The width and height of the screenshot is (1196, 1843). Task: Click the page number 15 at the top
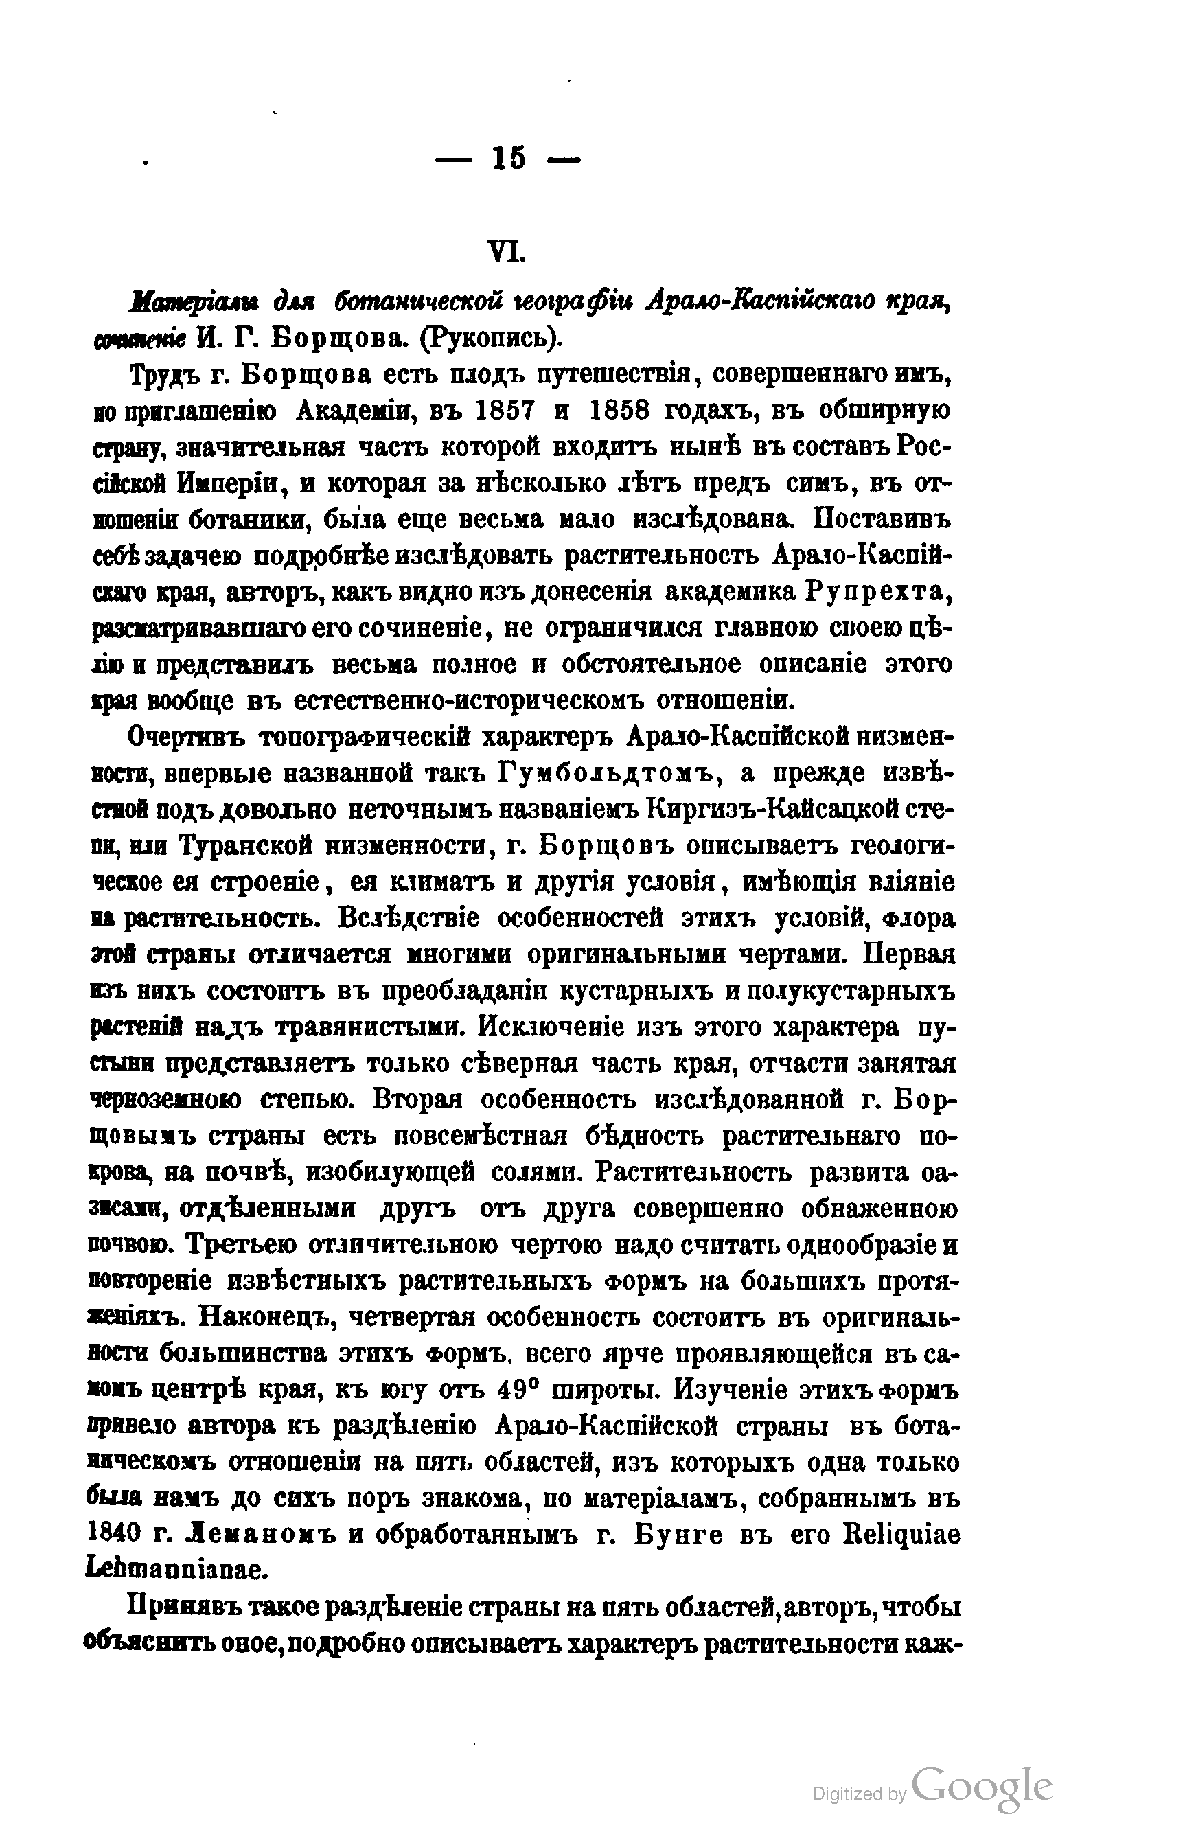pos(508,159)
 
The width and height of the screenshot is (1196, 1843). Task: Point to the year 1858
pos(619,410)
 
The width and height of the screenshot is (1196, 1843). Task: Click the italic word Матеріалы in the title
pos(187,302)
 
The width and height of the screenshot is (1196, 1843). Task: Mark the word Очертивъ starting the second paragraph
pos(186,736)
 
